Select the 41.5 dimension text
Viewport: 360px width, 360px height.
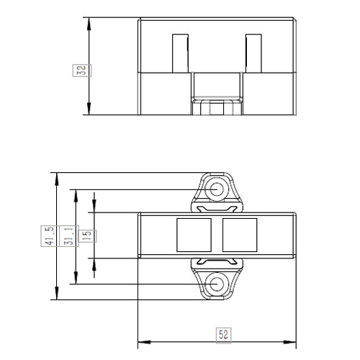tap(49, 235)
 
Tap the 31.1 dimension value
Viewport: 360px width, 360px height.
tap(68, 235)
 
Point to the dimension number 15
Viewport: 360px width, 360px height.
tap(86, 235)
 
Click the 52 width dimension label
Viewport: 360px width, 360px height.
tap(223, 334)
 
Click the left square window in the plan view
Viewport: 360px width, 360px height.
tap(194, 235)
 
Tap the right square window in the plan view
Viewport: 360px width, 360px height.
tap(238, 235)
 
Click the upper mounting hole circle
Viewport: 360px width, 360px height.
tap(216, 188)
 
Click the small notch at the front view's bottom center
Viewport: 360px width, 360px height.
tap(216, 107)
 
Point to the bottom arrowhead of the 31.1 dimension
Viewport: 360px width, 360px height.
tap(75, 280)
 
